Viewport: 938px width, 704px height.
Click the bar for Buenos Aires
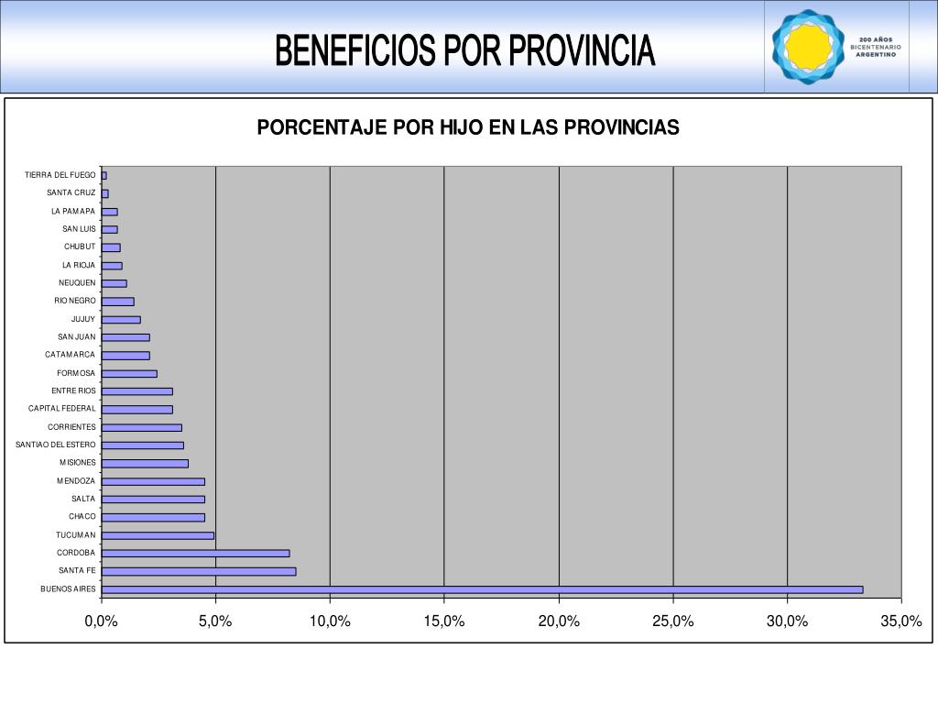pyautogui.click(x=482, y=589)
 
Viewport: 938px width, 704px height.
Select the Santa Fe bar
pyautogui.click(x=199, y=571)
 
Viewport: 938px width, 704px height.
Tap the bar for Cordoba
pyautogui.click(x=195, y=553)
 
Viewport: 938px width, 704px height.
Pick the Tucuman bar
pyautogui.click(x=158, y=535)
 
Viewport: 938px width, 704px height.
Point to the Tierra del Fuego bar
pyautogui.click(x=104, y=175)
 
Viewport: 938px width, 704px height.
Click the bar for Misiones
pyautogui.click(x=145, y=463)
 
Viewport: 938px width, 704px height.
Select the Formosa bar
pyautogui.click(x=129, y=373)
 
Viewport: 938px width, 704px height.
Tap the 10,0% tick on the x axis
pyautogui.click(x=330, y=621)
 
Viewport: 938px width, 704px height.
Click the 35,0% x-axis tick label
pyautogui.click(x=901, y=621)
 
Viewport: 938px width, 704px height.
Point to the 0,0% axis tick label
pyautogui.click(x=102, y=621)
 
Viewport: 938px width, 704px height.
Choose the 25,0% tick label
pyautogui.click(x=673, y=621)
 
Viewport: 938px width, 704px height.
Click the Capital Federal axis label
pyautogui.click(x=61, y=409)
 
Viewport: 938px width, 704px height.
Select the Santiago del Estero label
pyautogui.click(x=55, y=445)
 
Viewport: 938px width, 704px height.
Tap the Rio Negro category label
pyautogui.click(x=74, y=301)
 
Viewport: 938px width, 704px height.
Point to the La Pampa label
pyautogui.click(x=73, y=211)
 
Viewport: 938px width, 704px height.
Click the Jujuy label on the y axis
pyautogui.click(x=82, y=319)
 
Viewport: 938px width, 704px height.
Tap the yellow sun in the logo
pyautogui.click(x=808, y=47)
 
